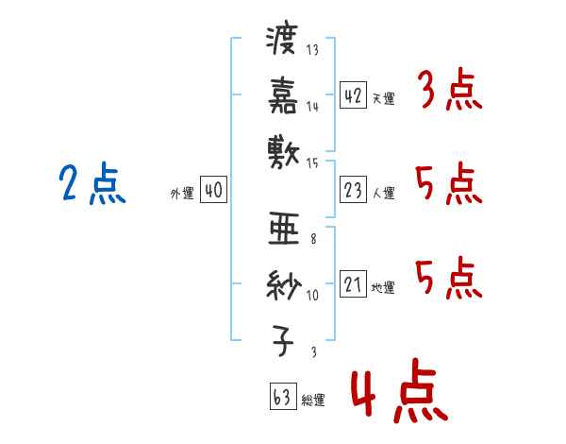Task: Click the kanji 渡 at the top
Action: (281, 40)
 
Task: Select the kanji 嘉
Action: (283, 95)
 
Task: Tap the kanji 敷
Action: (284, 152)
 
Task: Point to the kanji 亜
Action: (284, 229)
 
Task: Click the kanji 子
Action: (283, 341)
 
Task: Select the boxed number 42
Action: (353, 95)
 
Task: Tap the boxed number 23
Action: (353, 190)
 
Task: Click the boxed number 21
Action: (353, 283)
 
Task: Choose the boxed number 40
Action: (213, 190)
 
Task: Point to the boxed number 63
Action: (283, 396)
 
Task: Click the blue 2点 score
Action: (92, 183)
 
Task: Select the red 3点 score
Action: (451, 89)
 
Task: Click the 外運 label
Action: (182, 193)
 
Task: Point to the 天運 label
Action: (384, 98)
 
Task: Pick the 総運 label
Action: (313, 401)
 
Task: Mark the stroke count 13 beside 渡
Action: (312, 49)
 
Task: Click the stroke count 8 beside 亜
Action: (313, 239)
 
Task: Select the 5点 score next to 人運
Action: (449, 183)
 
